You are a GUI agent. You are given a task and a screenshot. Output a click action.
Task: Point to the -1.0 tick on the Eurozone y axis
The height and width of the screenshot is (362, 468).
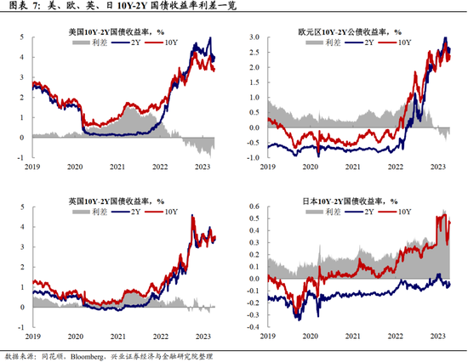pos(253,157)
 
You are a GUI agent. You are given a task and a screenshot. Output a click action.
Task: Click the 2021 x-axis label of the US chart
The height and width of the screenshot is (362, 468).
pos(117,167)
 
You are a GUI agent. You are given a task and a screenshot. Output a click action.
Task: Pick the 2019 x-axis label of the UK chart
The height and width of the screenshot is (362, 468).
pos(31,337)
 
